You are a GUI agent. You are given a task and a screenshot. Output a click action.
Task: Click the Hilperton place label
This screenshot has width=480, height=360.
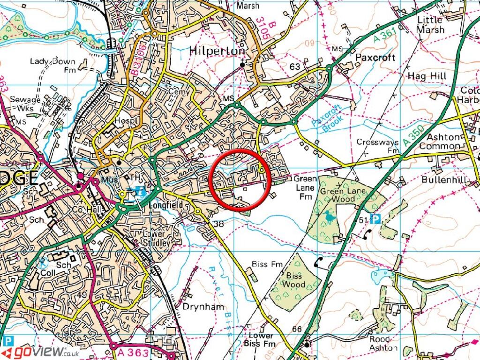(x=217, y=51)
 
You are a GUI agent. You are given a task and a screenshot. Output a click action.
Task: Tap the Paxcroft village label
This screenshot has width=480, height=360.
(x=375, y=58)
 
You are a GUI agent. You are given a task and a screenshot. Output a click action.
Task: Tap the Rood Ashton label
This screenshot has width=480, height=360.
(x=383, y=344)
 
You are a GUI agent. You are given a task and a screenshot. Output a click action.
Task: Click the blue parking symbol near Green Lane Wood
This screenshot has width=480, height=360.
(x=375, y=219)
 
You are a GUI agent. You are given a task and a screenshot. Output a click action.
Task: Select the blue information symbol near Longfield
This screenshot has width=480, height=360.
(x=140, y=191)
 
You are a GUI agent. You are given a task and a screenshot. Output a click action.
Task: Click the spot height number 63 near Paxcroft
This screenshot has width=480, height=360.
(x=295, y=67)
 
